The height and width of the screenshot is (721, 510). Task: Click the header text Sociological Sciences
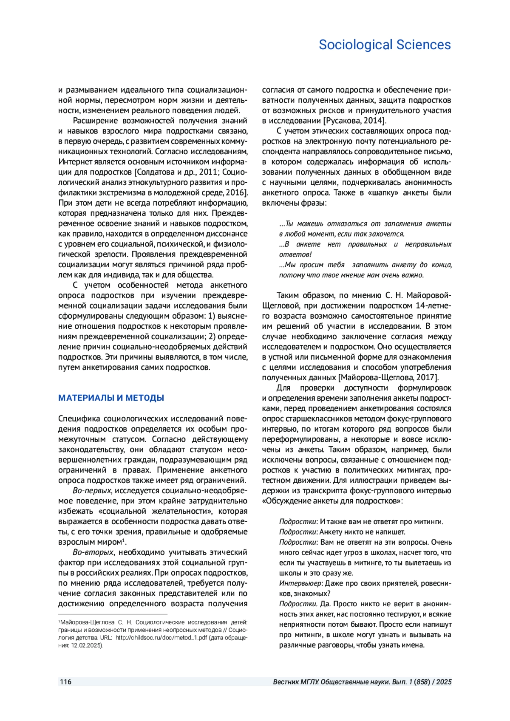click(x=385, y=45)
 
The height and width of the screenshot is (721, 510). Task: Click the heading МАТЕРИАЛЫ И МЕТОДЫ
click(x=111, y=398)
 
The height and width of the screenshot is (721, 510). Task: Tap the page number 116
click(x=65, y=682)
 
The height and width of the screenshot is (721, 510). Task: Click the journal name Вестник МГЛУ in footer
click(x=296, y=682)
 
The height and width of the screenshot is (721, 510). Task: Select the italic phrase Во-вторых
click(x=93, y=552)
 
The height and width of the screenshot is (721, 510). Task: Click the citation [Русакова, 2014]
click(x=355, y=121)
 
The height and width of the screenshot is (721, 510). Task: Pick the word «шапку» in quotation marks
click(x=385, y=192)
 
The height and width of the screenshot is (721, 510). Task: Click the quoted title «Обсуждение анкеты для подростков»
click(x=332, y=501)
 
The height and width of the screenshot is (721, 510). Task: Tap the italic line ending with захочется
click(x=342, y=234)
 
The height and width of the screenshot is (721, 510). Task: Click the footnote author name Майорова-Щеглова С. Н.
click(x=93, y=622)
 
